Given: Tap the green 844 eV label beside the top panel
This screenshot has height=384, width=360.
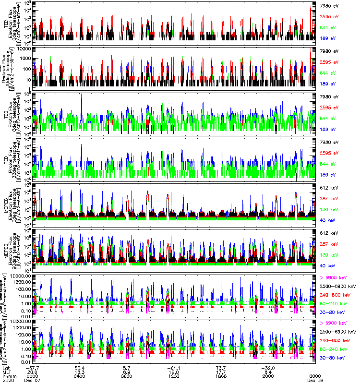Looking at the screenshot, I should coord(329,27).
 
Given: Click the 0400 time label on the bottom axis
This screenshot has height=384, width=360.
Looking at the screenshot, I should coord(80,376).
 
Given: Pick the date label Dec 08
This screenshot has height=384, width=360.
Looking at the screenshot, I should coord(315,381).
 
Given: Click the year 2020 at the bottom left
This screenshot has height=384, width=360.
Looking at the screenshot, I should coord(8,381).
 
